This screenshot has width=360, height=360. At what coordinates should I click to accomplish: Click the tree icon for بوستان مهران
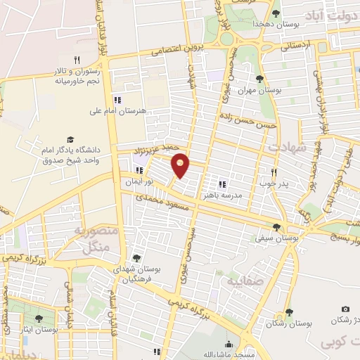[259, 79]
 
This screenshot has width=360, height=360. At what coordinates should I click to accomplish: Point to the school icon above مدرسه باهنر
[222, 184]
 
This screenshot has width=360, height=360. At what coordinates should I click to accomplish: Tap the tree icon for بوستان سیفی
[276, 227]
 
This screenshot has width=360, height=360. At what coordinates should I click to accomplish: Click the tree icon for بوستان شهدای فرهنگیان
[136, 259]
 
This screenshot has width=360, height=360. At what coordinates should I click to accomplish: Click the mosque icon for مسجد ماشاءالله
[229, 344]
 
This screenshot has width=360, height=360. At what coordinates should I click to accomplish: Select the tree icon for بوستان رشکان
[288, 314]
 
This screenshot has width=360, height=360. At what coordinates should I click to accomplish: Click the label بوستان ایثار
[39, 329]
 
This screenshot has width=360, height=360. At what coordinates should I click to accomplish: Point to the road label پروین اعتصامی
[166, 50]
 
